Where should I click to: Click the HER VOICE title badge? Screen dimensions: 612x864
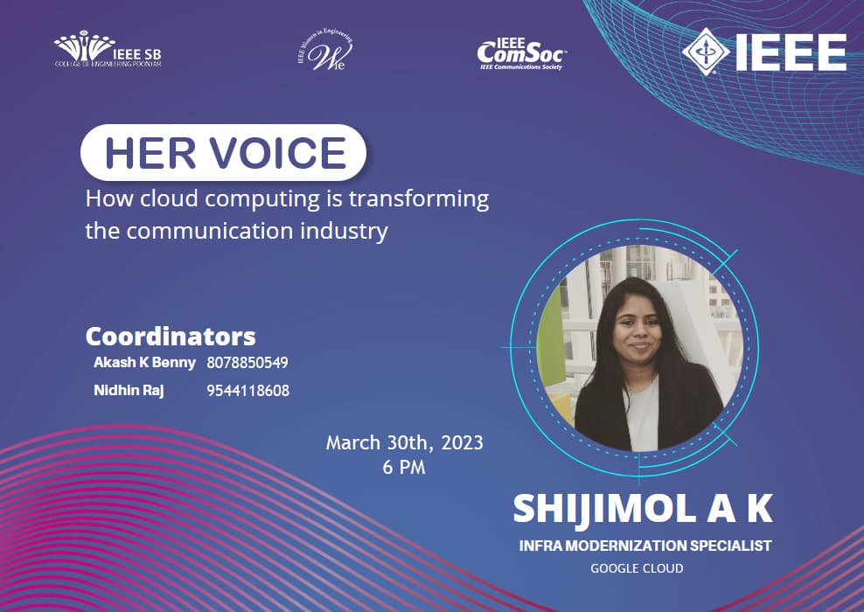(x=223, y=153)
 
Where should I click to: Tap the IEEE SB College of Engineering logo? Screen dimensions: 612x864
(x=108, y=51)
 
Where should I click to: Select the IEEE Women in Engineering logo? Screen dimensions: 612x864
(x=325, y=52)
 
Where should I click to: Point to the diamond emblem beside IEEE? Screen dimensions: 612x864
(x=705, y=52)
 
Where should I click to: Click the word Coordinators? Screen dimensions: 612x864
(x=171, y=337)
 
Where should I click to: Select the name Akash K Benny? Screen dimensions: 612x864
(x=144, y=362)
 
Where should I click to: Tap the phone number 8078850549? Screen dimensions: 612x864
(x=247, y=363)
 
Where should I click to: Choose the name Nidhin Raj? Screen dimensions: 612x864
(x=129, y=390)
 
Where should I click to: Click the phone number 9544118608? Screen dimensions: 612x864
(x=247, y=391)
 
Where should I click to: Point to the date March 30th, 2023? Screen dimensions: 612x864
(x=404, y=442)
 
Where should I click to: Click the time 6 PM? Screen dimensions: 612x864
(x=404, y=467)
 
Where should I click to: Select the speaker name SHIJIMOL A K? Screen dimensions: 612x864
(x=644, y=509)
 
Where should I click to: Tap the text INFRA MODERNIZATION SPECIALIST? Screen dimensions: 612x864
(x=645, y=546)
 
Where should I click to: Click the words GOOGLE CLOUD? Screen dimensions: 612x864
(x=637, y=568)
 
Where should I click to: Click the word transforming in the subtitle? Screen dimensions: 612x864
(x=418, y=198)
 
